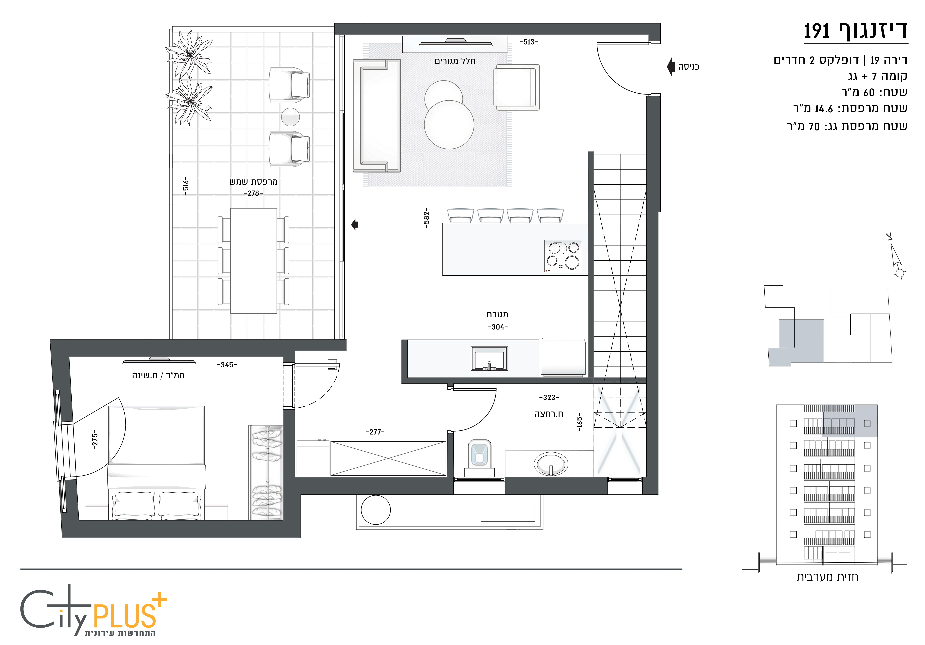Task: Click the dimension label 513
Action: [528, 42]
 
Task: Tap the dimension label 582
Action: [427, 218]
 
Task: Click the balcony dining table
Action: [253, 261]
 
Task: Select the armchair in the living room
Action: [517, 87]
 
